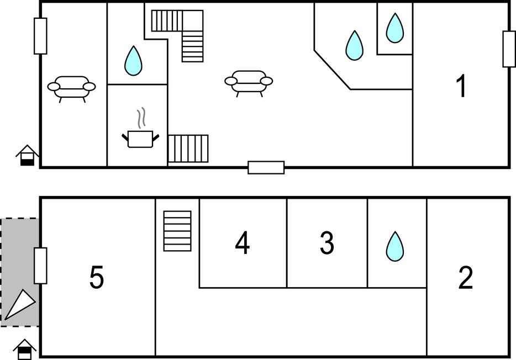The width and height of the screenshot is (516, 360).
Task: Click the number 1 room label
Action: pyautogui.click(x=461, y=87)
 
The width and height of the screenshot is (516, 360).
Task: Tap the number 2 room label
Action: pyautogui.click(x=466, y=278)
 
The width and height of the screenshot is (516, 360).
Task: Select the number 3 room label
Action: pyautogui.click(x=327, y=243)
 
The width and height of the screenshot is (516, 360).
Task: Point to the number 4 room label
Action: pyautogui.click(x=243, y=243)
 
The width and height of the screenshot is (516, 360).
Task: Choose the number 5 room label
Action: pyautogui.click(x=97, y=278)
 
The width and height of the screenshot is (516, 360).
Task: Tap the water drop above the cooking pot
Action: pyautogui.click(x=133, y=61)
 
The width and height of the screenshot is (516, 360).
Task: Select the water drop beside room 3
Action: pyautogui.click(x=394, y=246)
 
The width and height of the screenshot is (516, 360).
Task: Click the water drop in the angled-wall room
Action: pyautogui.click(x=354, y=45)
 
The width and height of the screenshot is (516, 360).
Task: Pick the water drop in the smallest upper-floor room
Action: pyautogui.click(x=394, y=28)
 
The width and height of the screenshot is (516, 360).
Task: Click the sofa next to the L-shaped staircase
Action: pyautogui.click(x=249, y=82)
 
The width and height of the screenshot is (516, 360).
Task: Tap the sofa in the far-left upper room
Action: pyautogui.click(x=71, y=87)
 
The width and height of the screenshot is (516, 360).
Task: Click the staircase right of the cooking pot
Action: pyautogui.click(x=188, y=149)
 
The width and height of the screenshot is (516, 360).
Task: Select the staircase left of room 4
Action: pyautogui.click(x=177, y=231)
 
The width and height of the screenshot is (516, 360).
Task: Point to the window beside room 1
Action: pyautogui.click(x=509, y=49)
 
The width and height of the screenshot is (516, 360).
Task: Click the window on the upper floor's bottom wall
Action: pyautogui.click(x=266, y=167)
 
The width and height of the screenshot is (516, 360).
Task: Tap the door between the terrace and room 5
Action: pyautogui.click(x=40, y=266)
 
